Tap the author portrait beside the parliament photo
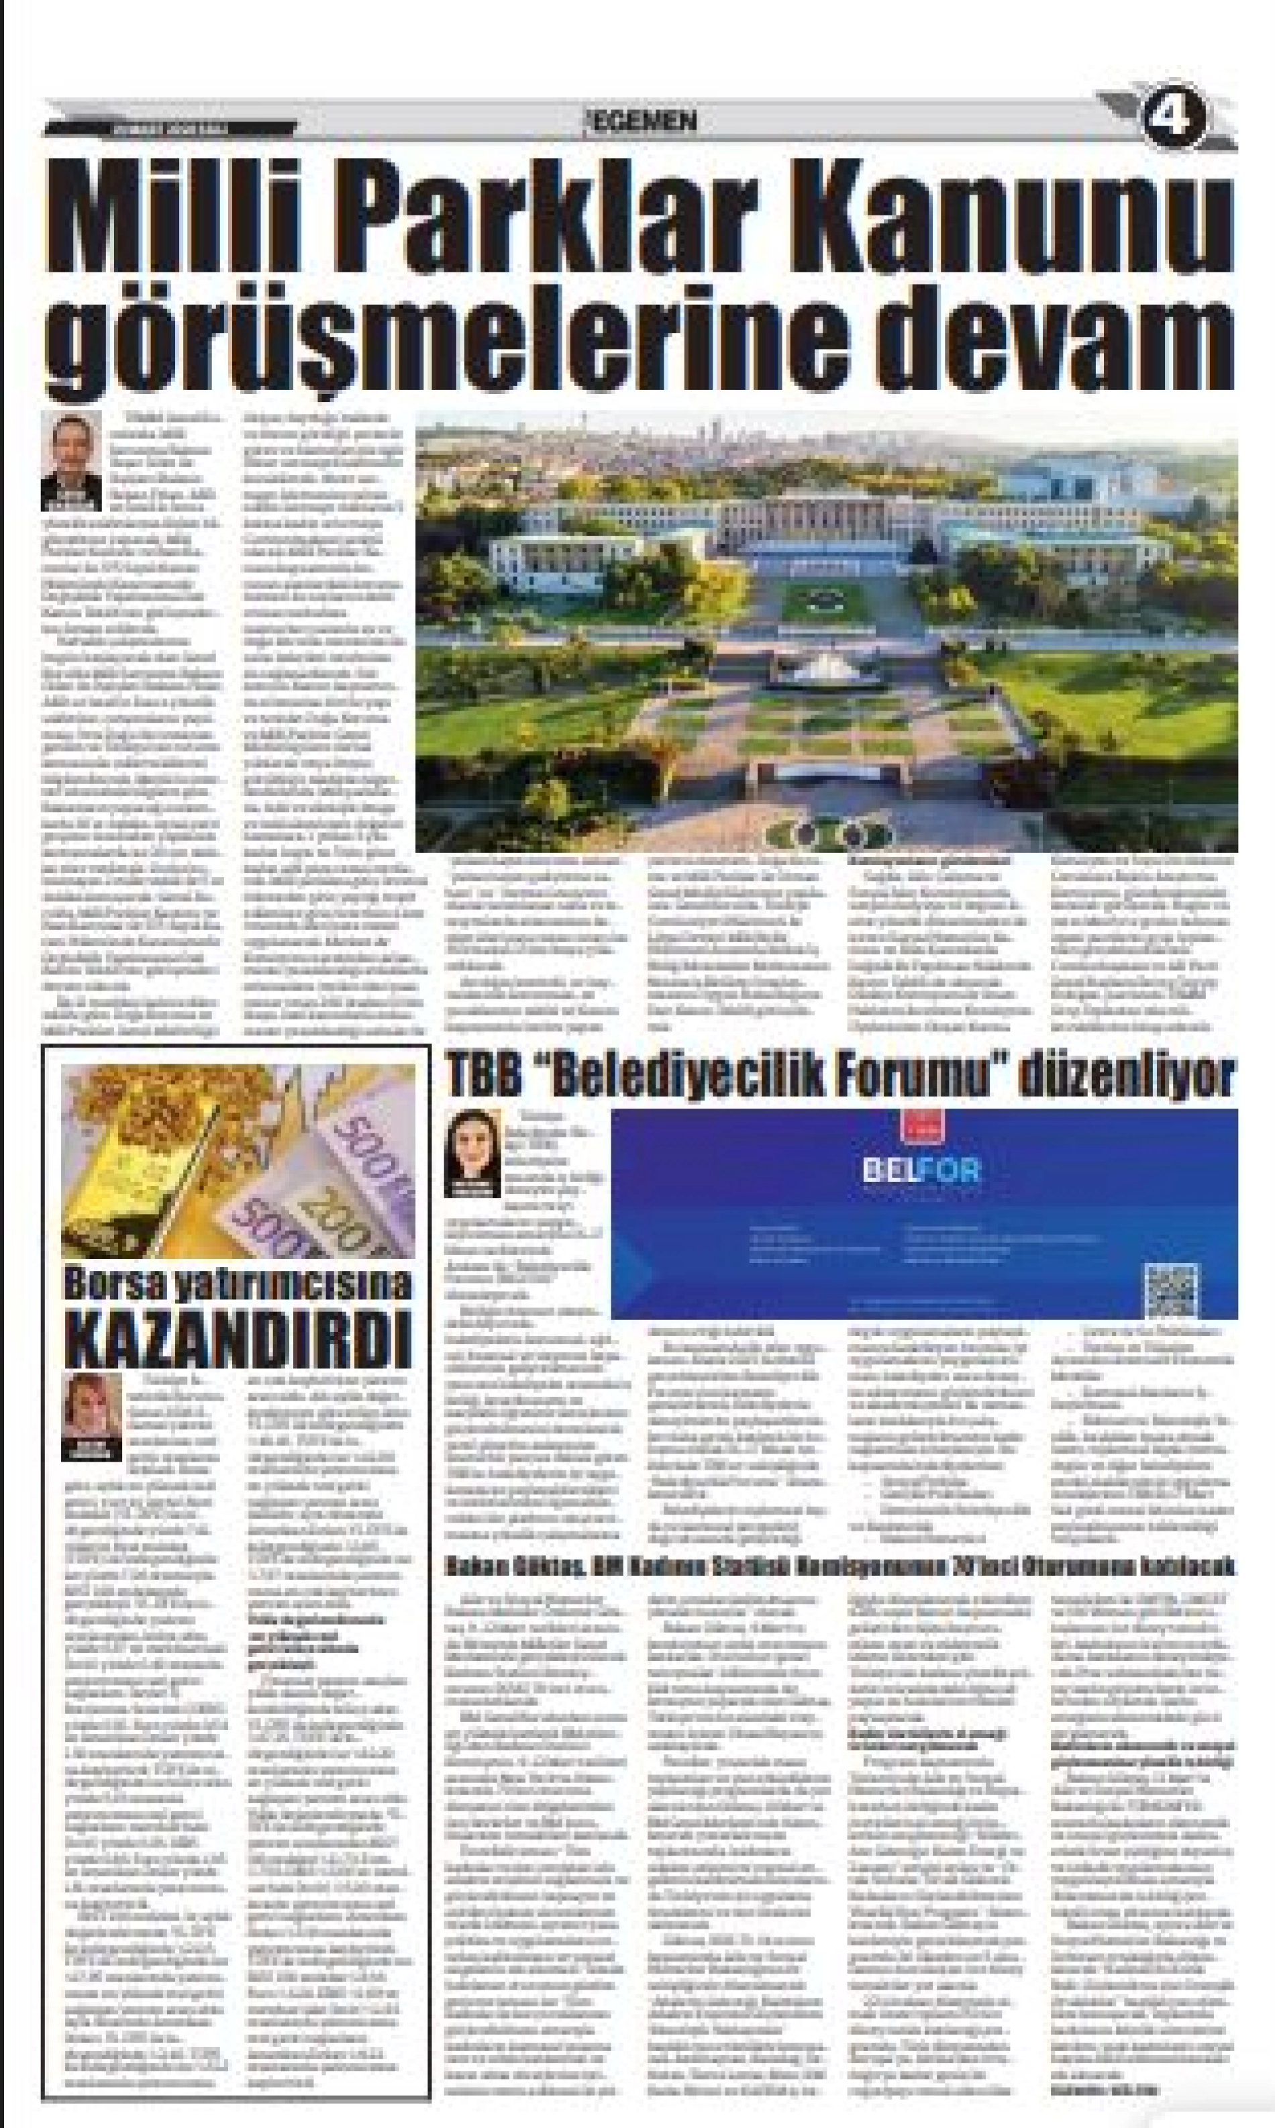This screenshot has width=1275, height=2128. click(70, 461)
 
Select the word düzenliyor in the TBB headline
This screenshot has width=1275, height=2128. click(1127, 1076)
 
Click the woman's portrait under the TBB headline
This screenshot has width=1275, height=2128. click(472, 1151)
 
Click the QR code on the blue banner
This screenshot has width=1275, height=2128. click(1170, 1290)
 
